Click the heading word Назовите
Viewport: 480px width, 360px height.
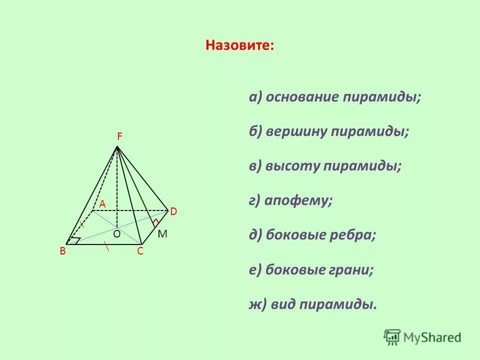click(239, 45)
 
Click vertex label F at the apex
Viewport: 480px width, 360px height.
click(120, 136)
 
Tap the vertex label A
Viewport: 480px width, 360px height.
click(102, 203)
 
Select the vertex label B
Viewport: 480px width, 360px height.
click(63, 251)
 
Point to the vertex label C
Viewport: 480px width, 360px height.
click(140, 251)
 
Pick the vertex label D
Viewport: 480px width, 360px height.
click(173, 212)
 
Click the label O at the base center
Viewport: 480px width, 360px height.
click(116, 233)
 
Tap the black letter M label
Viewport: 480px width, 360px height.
click(162, 234)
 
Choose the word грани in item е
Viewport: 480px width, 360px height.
click(353, 270)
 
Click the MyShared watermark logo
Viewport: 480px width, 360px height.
click(422, 337)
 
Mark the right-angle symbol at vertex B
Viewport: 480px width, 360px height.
click(75, 240)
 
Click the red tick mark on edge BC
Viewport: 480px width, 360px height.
click(106, 245)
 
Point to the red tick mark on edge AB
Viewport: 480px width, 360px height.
click(81, 224)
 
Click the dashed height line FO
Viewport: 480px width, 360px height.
click(117, 190)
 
